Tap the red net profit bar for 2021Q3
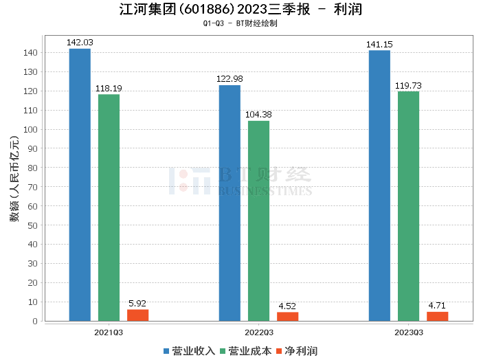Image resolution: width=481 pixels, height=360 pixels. [x=137, y=315]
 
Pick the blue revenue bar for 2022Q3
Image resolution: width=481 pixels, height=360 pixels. [x=230, y=203]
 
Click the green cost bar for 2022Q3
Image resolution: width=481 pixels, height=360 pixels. [x=258, y=221]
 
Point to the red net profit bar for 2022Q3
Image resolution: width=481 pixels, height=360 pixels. [x=287, y=316]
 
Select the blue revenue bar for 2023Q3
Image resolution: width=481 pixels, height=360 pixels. [x=379, y=185]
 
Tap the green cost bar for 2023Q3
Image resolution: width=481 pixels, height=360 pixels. [x=408, y=206]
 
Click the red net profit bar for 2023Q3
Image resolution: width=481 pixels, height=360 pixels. [x=437, y=316]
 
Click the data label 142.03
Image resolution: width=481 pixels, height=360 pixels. [x=80, y=43]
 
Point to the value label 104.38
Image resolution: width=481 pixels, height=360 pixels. [x=258, y=115]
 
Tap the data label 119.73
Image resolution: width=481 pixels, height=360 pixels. [x=408, y=85]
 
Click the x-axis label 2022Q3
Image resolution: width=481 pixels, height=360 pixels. [x=258, y=332]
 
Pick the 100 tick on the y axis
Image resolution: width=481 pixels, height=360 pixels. [x=32, y=129]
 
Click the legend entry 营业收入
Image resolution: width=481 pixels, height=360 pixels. [x=190, y=351]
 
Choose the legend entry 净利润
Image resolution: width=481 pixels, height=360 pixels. [x=296, y=351]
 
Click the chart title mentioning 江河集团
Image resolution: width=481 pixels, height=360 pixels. [x=240, y=10]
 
